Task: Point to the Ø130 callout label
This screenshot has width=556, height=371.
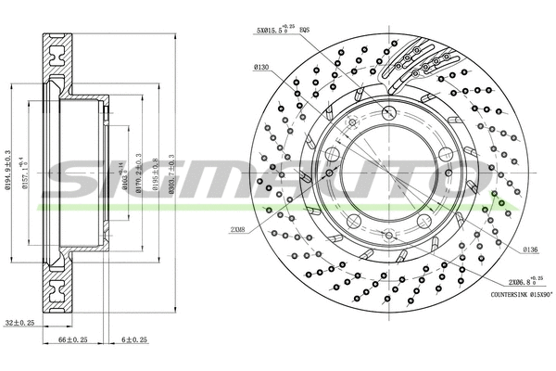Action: coord(261,66)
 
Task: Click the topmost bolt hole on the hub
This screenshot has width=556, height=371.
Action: coord(387,111)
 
